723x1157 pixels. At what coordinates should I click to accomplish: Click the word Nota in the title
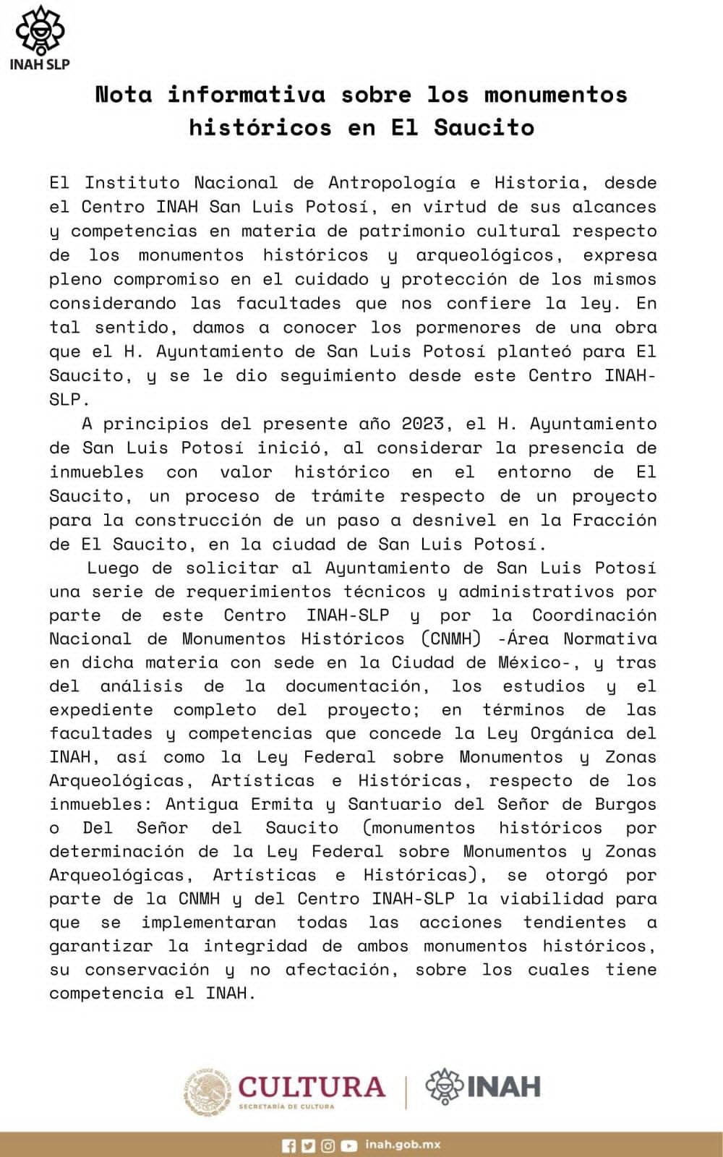pos(124,95)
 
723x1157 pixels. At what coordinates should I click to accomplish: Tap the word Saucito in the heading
pos(484,127)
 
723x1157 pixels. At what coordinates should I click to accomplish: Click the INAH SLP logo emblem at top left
pos(40,30)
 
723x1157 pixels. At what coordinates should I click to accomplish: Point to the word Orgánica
pos(573,733)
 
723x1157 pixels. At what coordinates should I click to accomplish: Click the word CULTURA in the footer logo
pos(312,1086)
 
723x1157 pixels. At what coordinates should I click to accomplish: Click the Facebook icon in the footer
pos(288,1145)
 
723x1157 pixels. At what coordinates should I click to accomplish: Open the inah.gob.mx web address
pos(403,1145)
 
